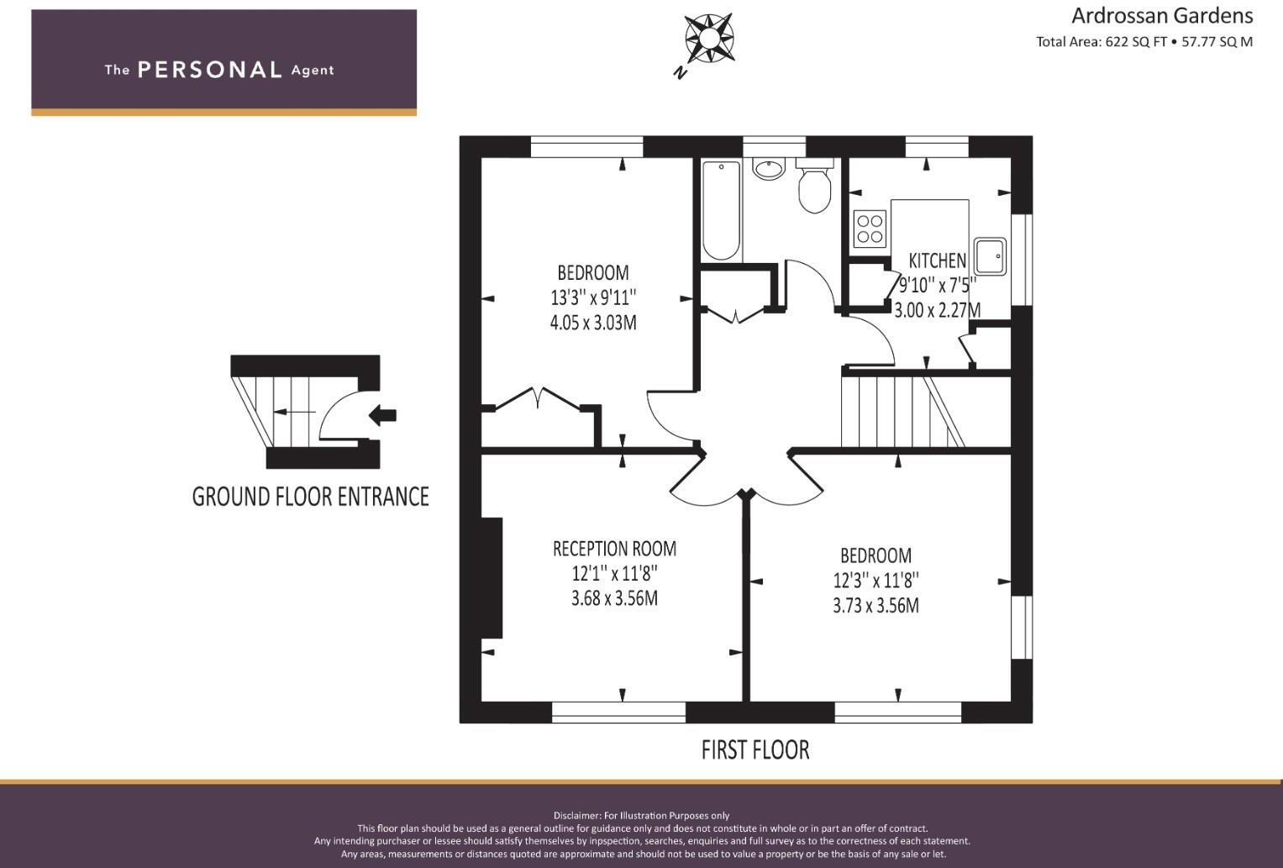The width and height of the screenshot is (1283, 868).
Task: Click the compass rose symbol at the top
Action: pos(708,38)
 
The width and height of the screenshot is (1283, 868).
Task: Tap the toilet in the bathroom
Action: pos(813,188)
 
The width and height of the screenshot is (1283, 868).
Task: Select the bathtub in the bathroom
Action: pos(721,210)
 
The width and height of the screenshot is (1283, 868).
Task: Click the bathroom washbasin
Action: pos(768,169)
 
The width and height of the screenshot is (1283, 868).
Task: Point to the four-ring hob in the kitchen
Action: pos(870,229)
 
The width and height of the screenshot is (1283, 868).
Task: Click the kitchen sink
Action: pos(991,256)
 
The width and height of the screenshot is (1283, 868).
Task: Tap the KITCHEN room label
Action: pos(937,260)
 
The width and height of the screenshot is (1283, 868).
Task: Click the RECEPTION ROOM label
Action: pos(614,549)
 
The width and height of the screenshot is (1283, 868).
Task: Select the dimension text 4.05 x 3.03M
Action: pos(592,323)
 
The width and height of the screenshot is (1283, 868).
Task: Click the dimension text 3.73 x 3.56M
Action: pos(875,606)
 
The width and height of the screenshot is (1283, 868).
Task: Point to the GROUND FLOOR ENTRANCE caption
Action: pos(310,497)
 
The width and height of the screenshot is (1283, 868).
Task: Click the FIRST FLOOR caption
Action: pos(755,750)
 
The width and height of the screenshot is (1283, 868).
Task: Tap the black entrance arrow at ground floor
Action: pos(383,414)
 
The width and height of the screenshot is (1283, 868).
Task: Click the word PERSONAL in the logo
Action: pos(209,70)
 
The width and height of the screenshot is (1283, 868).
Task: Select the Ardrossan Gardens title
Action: pos(1161,16)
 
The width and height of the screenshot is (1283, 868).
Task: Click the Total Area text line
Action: pos(1144,42)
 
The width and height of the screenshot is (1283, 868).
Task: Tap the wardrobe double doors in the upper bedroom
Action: pos(539,399)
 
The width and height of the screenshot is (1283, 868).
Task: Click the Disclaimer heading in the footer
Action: pos(641,815)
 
